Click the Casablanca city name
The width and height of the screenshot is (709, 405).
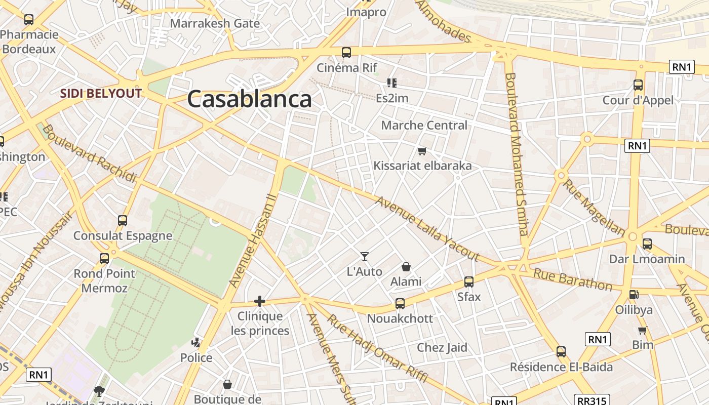(x=249, y=99)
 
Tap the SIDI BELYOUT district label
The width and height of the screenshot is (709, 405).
(x=101, y=93)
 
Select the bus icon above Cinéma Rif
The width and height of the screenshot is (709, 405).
(x=346, y=52)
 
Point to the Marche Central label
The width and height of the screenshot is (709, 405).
(x=424, y=125)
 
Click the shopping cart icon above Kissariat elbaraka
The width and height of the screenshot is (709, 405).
(x=422, y=151)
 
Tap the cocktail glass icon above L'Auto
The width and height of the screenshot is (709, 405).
(x=365, y=257)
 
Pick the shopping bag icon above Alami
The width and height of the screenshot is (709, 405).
(x=406, y=266)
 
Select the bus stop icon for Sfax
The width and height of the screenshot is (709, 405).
(x=469, y=282)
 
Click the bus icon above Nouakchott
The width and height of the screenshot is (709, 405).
(x=400, y=304)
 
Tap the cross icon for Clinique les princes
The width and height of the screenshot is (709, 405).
(x=260, y=301)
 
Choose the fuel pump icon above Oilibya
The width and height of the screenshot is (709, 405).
(x=634, y=295)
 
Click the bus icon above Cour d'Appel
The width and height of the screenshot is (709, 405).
(x=638, y=85)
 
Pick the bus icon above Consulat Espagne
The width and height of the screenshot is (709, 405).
(x=123, y=221)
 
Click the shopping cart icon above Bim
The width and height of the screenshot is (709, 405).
(x=643, y=330)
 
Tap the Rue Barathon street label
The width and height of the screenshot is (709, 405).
(x=573, y=279)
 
